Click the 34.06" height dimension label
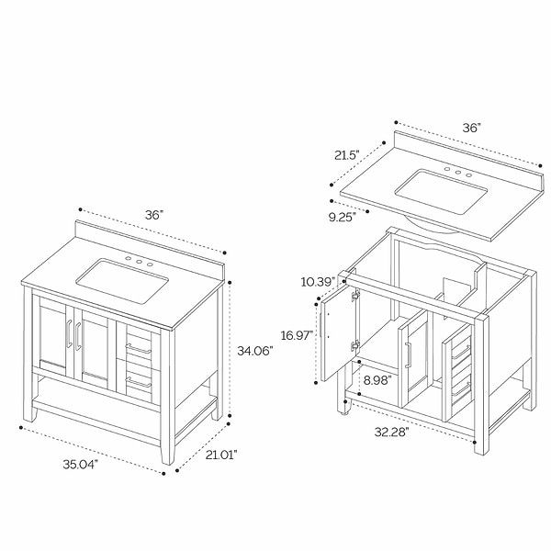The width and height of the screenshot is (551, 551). (x=254, y=351)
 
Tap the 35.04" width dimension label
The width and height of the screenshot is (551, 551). (x=81, y=464)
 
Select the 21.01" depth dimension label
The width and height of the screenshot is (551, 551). (x=221, y=455)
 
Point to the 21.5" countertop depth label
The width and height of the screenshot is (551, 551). (x=347, y=155)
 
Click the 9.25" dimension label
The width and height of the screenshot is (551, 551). (x=343, y=217)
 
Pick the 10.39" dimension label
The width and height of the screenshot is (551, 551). (x=319, y=282)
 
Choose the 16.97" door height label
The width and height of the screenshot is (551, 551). (x=297, y=335)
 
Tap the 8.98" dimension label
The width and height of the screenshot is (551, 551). (x=377, y=380)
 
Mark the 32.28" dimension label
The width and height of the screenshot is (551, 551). (x=392, y=432)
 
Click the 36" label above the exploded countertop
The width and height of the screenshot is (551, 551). (x=471, y=128)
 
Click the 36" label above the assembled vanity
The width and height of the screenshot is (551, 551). (x=154, y=215)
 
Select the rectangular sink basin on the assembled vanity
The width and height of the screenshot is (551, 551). (x=122, y=281)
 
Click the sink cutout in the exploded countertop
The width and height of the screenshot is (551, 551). (x=441, y=192)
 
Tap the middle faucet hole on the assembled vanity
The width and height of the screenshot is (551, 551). (x=140, y=262)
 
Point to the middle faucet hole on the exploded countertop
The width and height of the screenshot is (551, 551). (x=458, y=173)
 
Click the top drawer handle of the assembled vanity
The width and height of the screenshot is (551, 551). (x=139, y=349)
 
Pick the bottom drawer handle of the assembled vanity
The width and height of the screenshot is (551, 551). (x=139, y=382)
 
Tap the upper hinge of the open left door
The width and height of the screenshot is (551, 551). (x=355, y=295)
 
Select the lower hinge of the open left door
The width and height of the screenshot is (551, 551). (x=355, y=345)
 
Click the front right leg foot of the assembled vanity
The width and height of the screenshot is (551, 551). (x=168, y=455)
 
